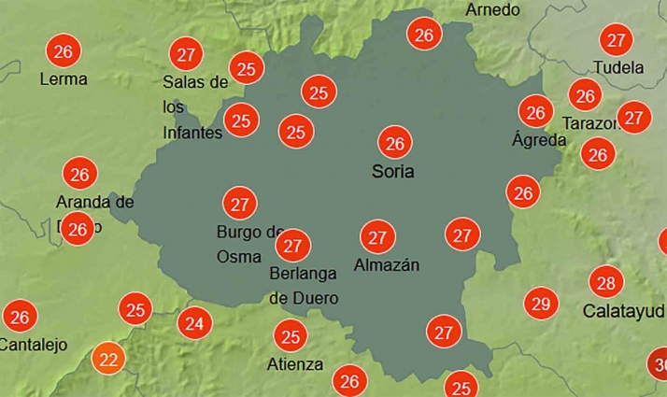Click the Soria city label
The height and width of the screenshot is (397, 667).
(392, 172)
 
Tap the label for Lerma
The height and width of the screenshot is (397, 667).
(64, 79)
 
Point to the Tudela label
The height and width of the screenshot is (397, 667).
(618, 67)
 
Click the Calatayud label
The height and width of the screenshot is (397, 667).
(625, 310)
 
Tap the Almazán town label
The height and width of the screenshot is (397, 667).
(387, 265)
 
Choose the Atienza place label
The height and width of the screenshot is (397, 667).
(295, 364)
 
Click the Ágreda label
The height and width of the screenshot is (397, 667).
(539, 140)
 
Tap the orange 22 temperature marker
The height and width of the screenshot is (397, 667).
(108, 358)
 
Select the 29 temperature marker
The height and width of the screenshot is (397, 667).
(540, 303)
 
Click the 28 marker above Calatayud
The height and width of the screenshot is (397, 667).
(605, 282)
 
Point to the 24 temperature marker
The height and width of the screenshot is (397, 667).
(193, 324)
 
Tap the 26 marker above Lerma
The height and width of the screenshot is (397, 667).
(64, 50)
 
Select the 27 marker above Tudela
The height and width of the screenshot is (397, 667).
(616, 40)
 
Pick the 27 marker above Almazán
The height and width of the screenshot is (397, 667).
(377, 237)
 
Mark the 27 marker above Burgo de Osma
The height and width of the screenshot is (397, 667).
(240, 203)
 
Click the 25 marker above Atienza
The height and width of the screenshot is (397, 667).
(291, 335)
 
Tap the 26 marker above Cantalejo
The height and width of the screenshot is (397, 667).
(20, 317)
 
